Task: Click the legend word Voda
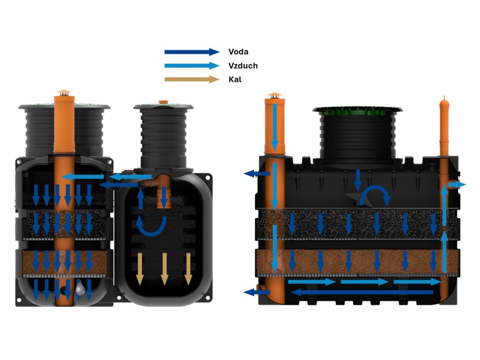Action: (x=238, y=52)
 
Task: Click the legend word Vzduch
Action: (x=243, y=66)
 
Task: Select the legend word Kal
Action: (x=235, y=79)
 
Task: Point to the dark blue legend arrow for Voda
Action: (x=192, y=52)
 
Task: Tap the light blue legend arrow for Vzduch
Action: (x=192, y=66)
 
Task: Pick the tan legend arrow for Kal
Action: (x=192, y=79)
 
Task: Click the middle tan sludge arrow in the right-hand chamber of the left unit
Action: (x=164, y=269)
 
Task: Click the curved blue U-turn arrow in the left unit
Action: (x=151, y=225)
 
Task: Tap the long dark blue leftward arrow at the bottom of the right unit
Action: (x=361, y=292)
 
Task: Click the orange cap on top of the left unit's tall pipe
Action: (x=64, y=92)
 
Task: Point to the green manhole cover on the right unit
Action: (x=357, y=111)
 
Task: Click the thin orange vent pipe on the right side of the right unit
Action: (x=443, y=127)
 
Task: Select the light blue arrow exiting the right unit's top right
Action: (x=457, y=185)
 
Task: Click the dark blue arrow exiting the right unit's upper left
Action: (x=257, y=174)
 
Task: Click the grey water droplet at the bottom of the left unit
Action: (x=81, y=289)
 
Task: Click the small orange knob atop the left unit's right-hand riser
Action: (x=163, y=101)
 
